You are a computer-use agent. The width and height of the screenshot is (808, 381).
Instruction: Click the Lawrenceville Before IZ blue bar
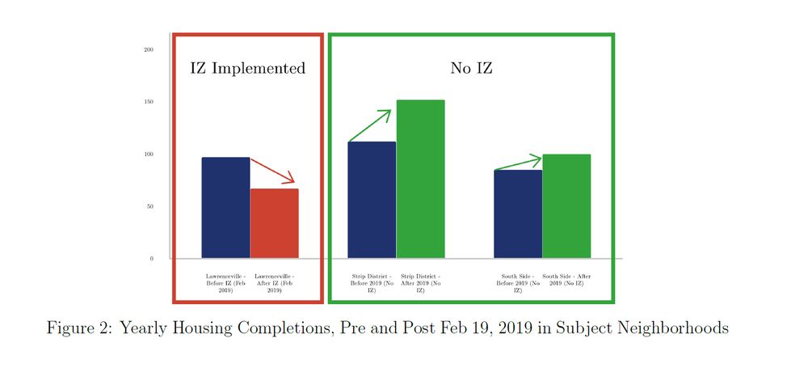tap(225, 208)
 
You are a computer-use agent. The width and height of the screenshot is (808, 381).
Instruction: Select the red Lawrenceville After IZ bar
tap(274, 223)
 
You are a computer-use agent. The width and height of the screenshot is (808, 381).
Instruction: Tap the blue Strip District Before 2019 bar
tap(372, 200)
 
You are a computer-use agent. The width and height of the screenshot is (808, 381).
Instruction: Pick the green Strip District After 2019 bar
tap(420, 179)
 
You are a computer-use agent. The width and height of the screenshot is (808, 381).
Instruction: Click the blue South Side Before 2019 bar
tap(518, 214)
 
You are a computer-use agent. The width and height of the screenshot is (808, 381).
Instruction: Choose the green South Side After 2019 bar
tap(566, 206)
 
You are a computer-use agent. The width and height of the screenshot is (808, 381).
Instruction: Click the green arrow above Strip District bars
tap(370, 125)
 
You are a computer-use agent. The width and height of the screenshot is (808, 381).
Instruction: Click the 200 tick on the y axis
tap(149, 50)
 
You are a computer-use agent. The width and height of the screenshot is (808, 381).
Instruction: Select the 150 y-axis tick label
tap(149, 102)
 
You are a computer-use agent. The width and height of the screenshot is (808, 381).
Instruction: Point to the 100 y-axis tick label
tap(149, 155)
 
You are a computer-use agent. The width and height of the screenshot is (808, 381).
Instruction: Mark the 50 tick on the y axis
tap(149, 206)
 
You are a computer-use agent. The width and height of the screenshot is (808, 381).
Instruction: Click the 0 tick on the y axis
tap(151, 259)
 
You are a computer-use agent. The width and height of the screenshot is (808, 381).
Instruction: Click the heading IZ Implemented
tap(247, 69)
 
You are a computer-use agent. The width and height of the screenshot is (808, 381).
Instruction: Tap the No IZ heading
tap(471, 69)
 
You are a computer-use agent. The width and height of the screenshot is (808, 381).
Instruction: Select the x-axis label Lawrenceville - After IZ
tap(274, 283)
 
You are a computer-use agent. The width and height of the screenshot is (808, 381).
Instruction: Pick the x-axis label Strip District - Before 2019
tap(372, 283)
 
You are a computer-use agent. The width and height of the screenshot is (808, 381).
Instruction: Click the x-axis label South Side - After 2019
tap(566, 280)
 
